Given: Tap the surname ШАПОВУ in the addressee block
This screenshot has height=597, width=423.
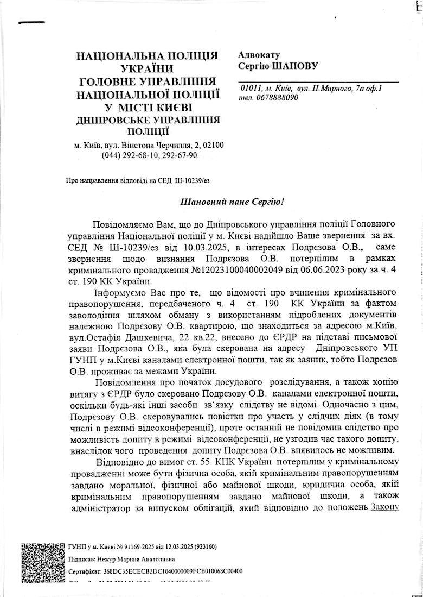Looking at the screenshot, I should coord(296,66).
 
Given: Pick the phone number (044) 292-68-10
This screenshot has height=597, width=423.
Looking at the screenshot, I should coord(127,155).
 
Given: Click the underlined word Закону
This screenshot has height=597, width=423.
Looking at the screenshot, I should coord(385,507).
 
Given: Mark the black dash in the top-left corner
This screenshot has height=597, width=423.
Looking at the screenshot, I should coord(28,23).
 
